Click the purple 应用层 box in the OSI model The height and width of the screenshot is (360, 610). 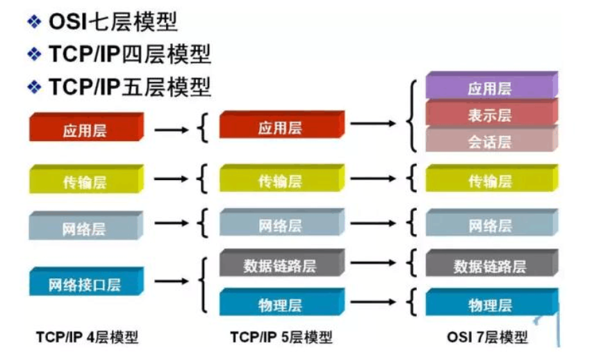490,88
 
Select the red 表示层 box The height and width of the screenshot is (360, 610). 490,115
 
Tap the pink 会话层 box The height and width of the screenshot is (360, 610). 490,142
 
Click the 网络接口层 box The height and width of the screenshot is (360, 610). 85,284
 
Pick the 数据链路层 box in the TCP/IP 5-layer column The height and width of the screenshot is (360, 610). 279,265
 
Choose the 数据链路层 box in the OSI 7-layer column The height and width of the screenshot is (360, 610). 490,266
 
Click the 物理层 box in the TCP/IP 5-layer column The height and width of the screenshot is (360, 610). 279,305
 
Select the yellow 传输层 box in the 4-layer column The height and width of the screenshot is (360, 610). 85,182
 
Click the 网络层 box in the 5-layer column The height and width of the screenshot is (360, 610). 279,226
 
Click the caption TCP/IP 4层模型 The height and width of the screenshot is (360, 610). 87,338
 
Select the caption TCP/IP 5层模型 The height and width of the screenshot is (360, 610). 281,338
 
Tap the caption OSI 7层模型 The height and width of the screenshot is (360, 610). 491,338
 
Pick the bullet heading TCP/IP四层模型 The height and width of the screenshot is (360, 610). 129,54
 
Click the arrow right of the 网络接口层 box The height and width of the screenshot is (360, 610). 171,281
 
